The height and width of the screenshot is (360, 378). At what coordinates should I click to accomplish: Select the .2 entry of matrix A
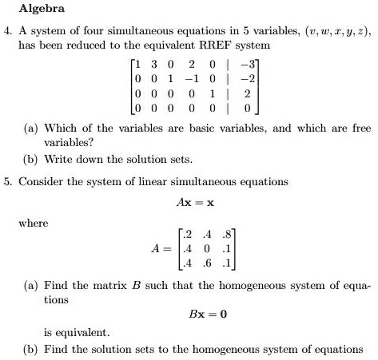(x=187, y=234)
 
